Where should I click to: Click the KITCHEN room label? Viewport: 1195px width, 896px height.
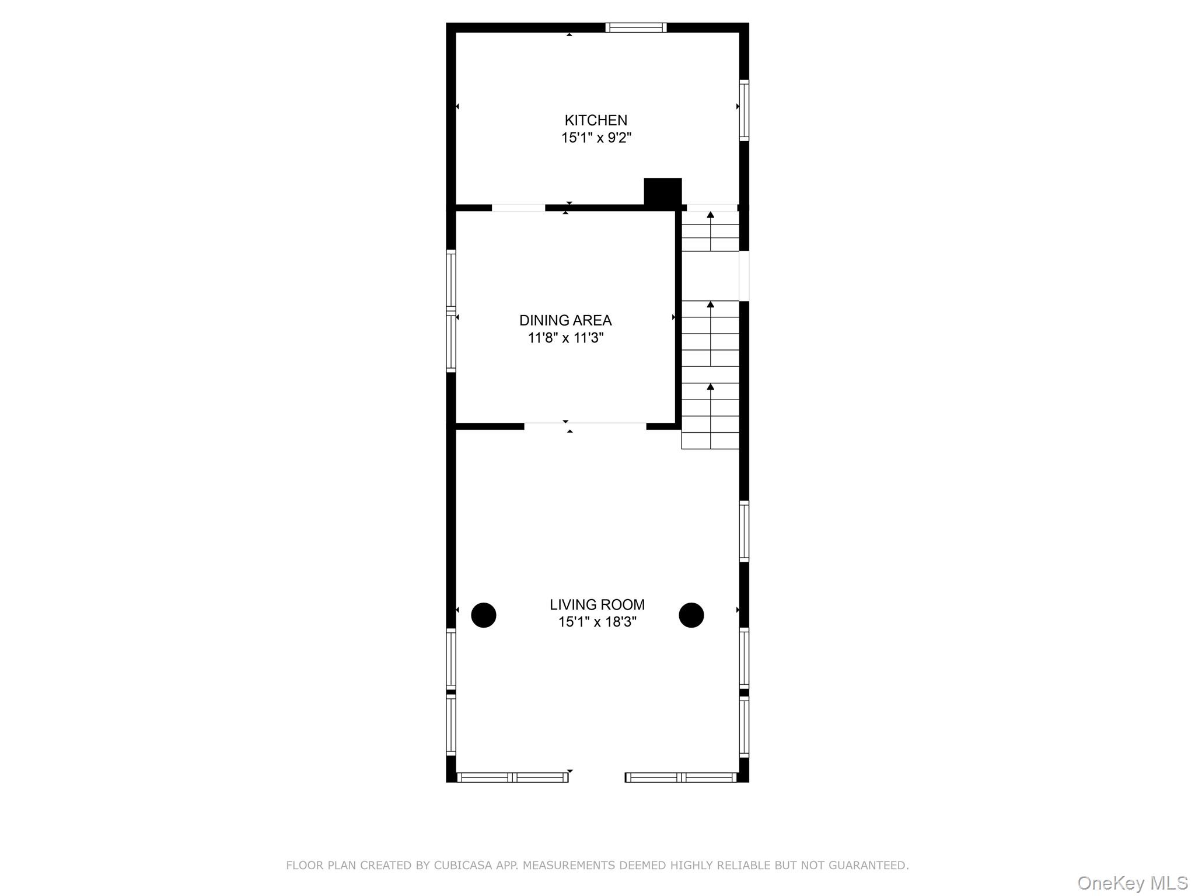pos(596,120)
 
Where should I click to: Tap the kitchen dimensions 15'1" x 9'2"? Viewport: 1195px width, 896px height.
pos(596,138)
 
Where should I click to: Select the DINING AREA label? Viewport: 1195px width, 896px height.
pos(565,320)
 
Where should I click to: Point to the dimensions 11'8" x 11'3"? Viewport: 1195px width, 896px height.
pos(565,338)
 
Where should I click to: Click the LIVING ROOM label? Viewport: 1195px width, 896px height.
pos(597,604)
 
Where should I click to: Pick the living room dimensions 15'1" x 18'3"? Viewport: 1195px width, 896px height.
pos(597,622)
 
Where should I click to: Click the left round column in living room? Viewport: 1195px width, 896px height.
pos(484,615)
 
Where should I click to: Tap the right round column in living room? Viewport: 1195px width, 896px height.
pos(691,615)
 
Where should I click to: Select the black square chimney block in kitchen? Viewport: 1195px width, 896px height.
pos(662,191)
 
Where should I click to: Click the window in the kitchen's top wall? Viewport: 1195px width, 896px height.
pos(636,27)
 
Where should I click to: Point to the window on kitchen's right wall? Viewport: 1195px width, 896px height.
pos(744,110)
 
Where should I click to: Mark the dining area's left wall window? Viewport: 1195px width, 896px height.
pos(451,311)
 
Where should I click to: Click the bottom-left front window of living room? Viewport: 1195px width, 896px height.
pos(512,777)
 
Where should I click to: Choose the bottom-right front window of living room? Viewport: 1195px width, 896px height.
pos(681,777)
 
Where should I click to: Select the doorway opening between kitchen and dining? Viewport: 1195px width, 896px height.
pos(518,208)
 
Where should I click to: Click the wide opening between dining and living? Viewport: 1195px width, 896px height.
pos(585,426)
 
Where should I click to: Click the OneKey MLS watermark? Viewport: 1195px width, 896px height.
pos(1132,883)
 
